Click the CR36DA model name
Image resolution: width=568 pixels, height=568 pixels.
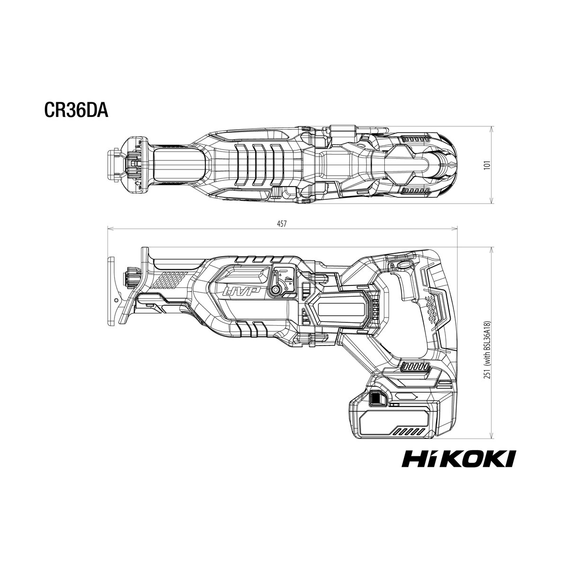coord(76,110)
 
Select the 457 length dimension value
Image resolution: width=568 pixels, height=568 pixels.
coord(282,224)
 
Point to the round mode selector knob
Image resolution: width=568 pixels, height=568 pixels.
coord(276,290)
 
